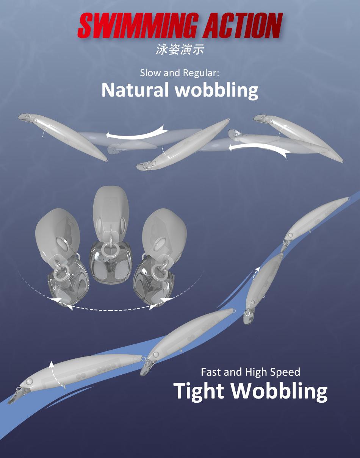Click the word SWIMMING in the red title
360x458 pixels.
138,25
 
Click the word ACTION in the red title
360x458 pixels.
243,25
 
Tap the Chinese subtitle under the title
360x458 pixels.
180,50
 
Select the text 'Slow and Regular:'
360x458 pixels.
180,72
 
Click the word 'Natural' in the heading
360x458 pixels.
135,90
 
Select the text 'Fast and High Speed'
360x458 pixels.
250,372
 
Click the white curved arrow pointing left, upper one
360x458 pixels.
137,133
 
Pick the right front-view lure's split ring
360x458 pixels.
157,272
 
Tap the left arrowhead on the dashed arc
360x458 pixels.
57,299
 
